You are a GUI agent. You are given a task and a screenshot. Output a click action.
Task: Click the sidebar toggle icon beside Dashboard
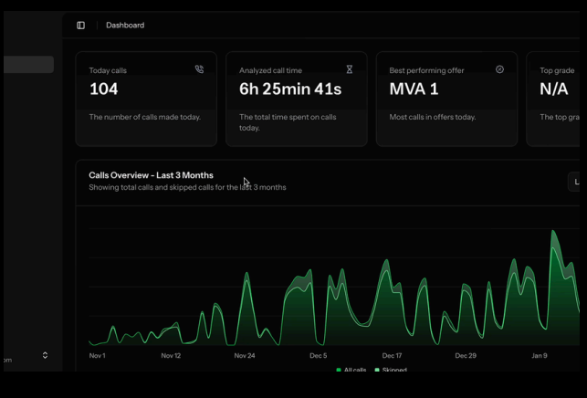[80, 26]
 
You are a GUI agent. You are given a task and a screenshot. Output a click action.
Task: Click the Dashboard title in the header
[125, 26]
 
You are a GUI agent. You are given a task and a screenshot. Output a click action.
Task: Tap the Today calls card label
[108, 70]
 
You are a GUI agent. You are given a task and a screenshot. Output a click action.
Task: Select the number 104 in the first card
[103, 89]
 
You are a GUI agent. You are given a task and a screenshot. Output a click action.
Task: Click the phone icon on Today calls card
[199, 69]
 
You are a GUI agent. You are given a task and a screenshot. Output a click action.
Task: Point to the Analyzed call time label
[270, 70]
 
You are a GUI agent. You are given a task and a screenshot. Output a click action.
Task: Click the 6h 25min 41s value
[290, 89]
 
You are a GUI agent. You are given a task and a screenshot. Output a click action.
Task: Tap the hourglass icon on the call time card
[349, 69]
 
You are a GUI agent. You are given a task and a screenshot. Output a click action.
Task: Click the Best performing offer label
[426, 70]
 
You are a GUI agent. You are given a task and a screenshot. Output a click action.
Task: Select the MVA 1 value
[414, 89]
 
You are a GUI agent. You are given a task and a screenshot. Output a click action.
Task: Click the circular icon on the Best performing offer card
[499, 69]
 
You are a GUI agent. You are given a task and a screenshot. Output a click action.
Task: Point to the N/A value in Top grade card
[553, 89]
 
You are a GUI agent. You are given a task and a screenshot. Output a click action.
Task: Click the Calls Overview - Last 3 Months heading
[151, 175]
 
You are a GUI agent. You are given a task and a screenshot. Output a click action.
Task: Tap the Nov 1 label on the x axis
[97, 356]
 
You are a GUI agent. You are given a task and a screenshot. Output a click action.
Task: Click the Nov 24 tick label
[245, 356]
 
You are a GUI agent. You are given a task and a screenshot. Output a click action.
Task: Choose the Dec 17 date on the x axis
[392, 356]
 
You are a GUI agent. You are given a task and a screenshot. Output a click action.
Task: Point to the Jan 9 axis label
[540, 356]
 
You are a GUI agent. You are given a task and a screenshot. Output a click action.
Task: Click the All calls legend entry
[351, 370]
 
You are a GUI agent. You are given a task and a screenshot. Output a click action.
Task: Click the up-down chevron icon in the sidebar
[45, 355]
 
